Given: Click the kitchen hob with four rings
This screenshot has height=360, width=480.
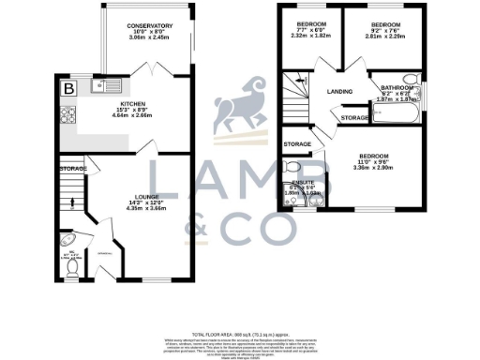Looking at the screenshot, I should [x=67, y=115].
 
